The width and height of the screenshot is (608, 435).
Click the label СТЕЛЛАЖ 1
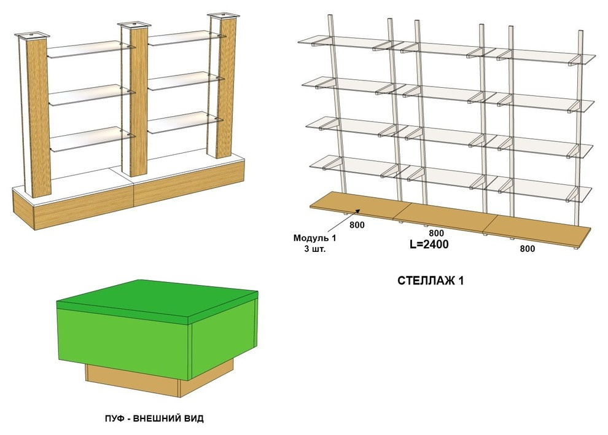[431, 281]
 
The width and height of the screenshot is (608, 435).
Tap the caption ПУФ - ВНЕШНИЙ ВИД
[154, 418]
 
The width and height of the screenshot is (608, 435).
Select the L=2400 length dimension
[429, 244]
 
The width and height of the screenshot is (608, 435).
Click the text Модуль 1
[314, 238]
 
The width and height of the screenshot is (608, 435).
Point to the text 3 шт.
[315, 249]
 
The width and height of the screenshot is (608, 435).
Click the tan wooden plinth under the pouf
[159, 378]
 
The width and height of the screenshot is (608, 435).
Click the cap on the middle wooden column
[134, 25]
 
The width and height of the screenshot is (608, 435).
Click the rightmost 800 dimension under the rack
[528, 249]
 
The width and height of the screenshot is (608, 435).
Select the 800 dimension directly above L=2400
[436, 233]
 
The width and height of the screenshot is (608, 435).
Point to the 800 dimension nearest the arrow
[357, 225]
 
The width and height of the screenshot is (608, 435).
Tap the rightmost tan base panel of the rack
[539, 232]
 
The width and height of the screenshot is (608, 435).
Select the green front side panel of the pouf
[123, 344]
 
